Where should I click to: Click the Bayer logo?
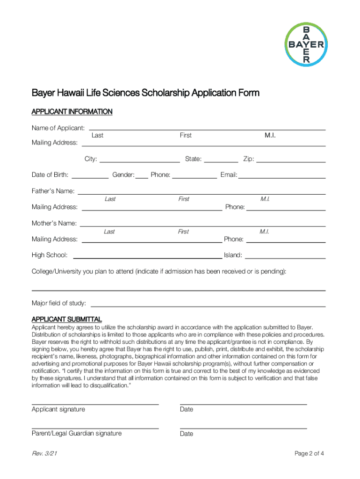tap(307, 44)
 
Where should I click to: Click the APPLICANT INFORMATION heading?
tap(72, 112)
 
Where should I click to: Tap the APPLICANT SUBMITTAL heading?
tap(66, 319)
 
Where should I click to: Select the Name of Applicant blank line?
tap(207, 129)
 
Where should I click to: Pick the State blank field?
tap(221, 161)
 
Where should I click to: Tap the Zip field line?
tap(291, 161)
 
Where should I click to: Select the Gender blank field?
tap(142, 178)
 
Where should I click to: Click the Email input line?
tap(282, 178)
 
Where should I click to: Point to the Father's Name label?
tap(53, 191)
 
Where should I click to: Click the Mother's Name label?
tap(54, 223)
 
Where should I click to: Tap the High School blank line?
tap(147, 258)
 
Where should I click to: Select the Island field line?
tap(285, 258)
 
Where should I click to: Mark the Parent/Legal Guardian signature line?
tap(95, 428)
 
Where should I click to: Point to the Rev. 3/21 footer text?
tap(45, 453)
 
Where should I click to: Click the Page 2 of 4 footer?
tap(309, 453)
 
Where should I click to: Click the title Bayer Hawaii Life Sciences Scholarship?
tap(145, 93)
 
